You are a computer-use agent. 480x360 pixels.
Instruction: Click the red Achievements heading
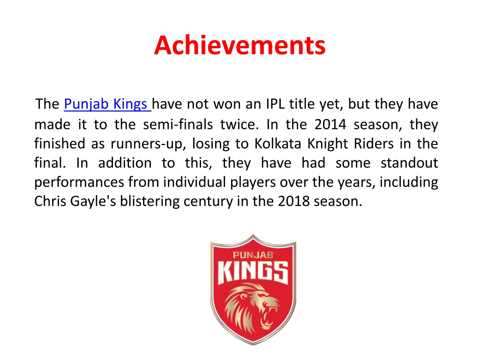point(240,45)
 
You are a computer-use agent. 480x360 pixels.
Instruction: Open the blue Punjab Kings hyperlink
point(107,104)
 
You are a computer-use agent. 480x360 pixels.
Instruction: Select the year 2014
point(330,125)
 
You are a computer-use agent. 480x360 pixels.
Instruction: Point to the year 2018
point(294,202)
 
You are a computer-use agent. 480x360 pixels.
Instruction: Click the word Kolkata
point(277,143)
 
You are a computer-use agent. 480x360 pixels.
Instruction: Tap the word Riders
point(374,143)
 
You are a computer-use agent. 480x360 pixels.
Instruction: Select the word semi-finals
point(178,124)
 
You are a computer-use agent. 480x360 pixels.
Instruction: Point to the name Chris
point(50,202)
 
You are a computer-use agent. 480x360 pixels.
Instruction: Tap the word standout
point(409,163)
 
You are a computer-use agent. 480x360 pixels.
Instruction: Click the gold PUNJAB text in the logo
point(253,255)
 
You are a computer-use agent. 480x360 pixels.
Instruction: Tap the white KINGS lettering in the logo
point(253,272)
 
